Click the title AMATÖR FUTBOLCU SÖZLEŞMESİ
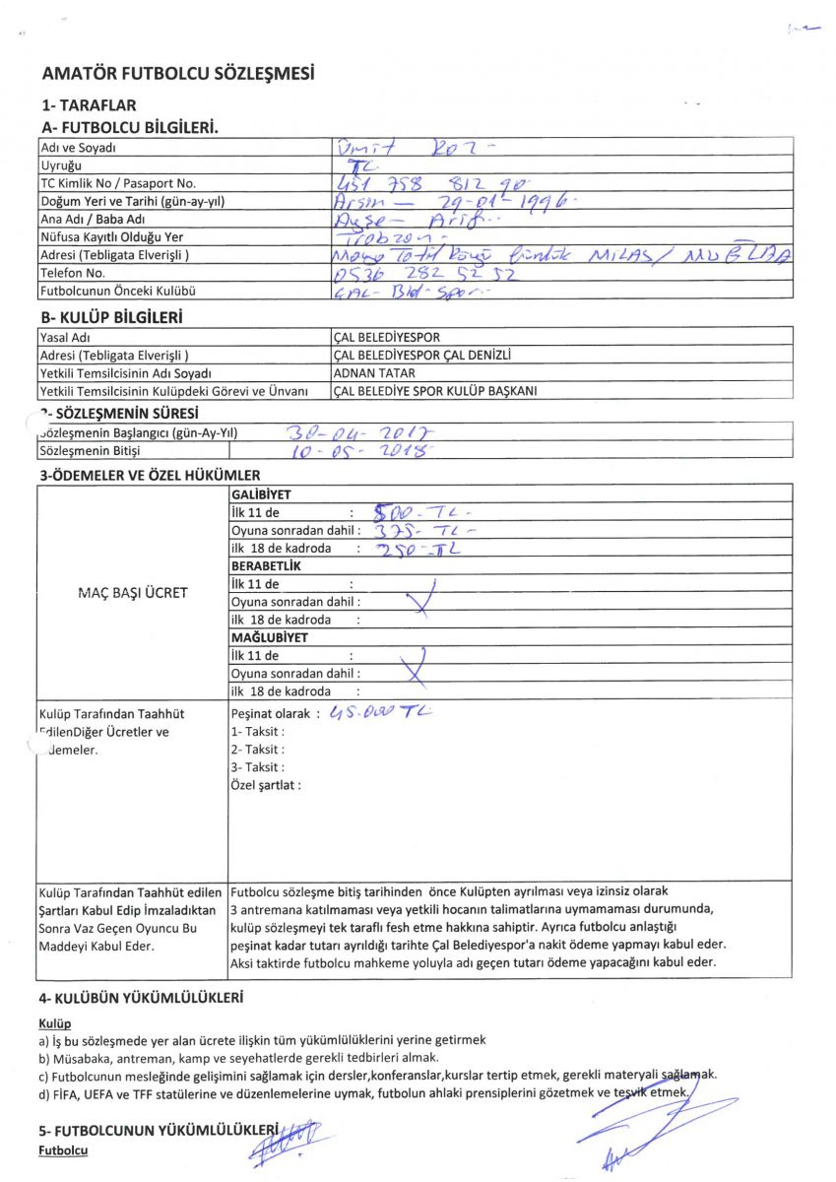(178, 74)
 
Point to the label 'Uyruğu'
(60, 165)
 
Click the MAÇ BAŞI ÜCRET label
(132, 593)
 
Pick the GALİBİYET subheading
(260, 494)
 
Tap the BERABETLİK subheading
(265, 566)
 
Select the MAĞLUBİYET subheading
(269, 637)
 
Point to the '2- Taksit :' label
(257, 750)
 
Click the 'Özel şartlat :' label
(266, 785)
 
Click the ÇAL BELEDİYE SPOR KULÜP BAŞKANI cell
(434, 391)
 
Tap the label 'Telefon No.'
(71, 273)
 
